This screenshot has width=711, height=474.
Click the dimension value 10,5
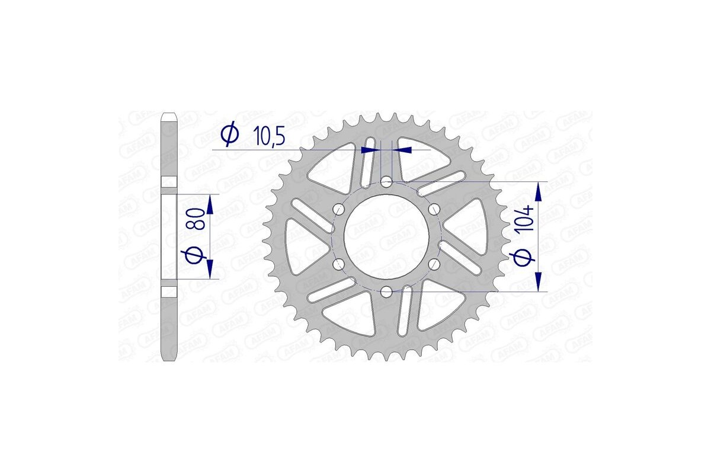click(x=269, y=136)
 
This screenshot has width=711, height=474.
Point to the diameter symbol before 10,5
click(x=229, y=135)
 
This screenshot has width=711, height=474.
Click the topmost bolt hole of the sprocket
click(x=386, y=181)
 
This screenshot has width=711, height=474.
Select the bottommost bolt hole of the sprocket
click(x=386, y=292)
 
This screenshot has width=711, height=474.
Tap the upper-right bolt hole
click(x=434, y=209)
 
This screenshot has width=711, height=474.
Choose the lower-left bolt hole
click(x=339, y=264)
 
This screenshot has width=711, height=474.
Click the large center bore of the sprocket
click(x=386, y=236)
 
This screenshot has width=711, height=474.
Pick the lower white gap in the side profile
click(x=170, y=292)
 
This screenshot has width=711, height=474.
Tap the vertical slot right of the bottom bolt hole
click(x=406, y=312)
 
